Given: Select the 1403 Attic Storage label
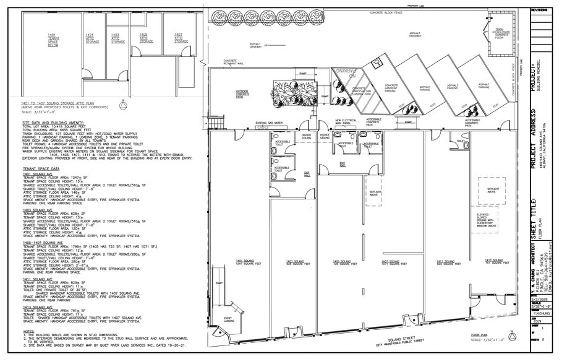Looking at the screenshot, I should [x=116, y=38].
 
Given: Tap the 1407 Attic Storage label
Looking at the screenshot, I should [x=178, y=38].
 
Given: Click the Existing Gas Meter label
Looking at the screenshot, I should [x=268, y=123].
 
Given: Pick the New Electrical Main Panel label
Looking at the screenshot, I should [x=347, y=122].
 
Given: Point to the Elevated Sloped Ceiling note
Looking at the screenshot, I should [x=487, y=220].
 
